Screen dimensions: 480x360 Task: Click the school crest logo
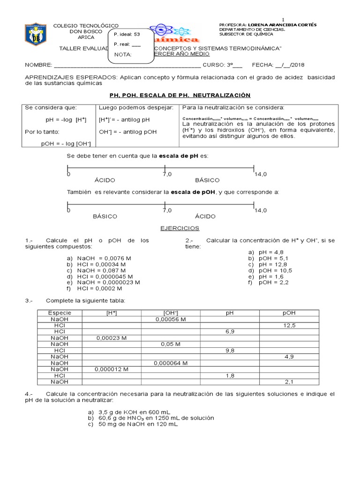coord(36,35)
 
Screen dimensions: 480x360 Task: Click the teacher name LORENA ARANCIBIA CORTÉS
coord(282,25)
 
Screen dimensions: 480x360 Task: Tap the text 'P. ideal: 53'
coord(127,34)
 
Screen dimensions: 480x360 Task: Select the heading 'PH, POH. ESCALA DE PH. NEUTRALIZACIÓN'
coord(180,95)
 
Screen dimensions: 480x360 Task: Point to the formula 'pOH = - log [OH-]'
coord(66,143)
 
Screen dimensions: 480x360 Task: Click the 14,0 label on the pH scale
coord(261,174)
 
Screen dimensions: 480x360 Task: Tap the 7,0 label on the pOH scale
coord(167,210)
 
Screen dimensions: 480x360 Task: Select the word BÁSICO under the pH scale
coord(207,180)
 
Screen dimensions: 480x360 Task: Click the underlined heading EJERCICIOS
coord(180,228)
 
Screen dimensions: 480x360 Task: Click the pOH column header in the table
coord(289,313)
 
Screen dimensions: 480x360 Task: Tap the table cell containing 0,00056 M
coord(171,319)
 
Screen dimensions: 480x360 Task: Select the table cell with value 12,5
coord(289,325)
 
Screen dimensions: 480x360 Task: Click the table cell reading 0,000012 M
coord(112,369)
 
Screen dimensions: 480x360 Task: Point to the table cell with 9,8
coord(230,350)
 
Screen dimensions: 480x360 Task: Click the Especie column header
coord(60,313)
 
